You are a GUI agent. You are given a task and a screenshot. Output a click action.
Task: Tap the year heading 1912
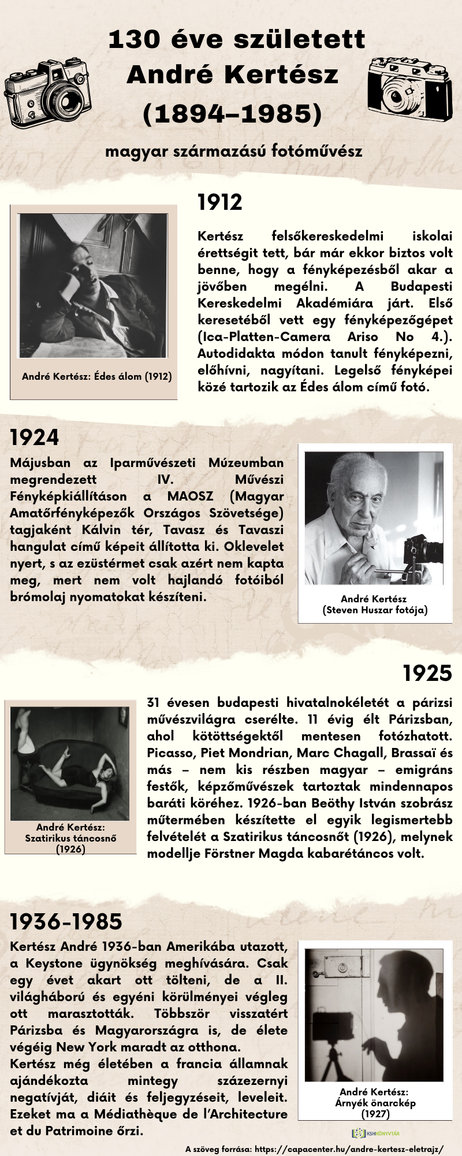[x=219, y=202]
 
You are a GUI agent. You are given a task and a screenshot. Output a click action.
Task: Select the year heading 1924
[x=35, y=438]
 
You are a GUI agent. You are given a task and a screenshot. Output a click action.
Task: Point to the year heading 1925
[x=427, y=673]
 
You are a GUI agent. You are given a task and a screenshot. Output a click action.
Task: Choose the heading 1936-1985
[x=66, y=921]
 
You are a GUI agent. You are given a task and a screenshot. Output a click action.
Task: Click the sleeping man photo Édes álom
[x=94, y=286]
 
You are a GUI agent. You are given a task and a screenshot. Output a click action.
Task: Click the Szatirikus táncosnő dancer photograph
[x=70, y=763]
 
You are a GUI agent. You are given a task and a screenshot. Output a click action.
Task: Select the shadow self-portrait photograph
[x=374, y=1016]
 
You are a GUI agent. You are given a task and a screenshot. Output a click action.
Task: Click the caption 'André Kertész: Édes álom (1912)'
[x=96, y=376]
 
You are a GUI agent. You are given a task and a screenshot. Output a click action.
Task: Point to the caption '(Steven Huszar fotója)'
[x=375, y=610]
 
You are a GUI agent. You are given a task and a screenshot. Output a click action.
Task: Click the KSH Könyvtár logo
[x=376, y=1134]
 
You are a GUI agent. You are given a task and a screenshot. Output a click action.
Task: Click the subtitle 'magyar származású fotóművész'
[x=233, y=151]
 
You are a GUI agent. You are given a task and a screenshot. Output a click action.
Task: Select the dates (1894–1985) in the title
[x=232, y=113]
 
